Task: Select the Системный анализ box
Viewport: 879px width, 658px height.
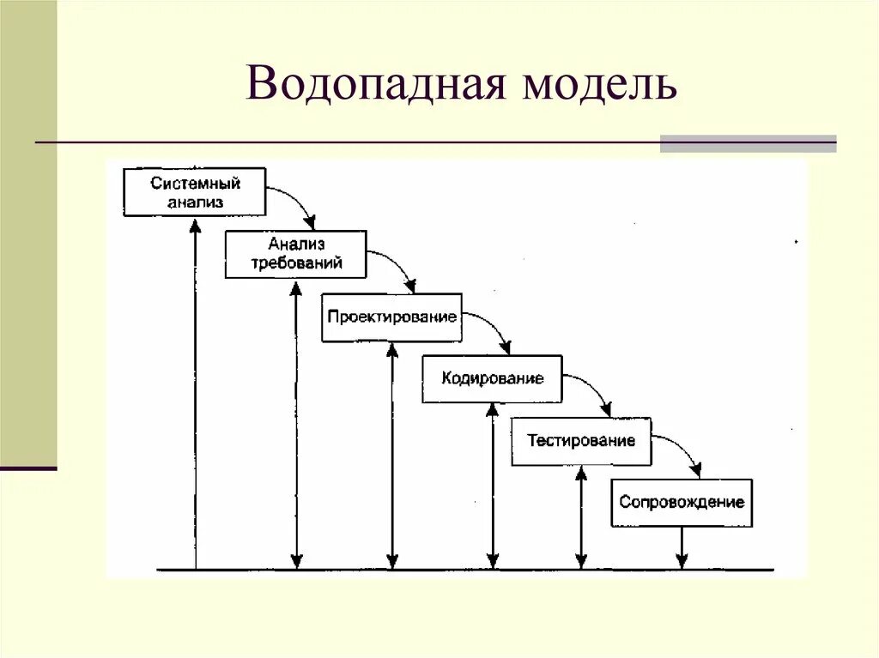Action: pyautogui.click(x=195, y=192)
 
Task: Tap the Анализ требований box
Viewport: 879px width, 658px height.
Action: pyautogui.click(x=296, y=254)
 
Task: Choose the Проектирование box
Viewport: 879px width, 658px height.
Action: pyautogui.click(x=391, y=317)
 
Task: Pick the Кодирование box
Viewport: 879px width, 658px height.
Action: pyautogui.click(x=492, y=378)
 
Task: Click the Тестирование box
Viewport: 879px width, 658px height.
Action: pyautogui.click(x=581, y=442)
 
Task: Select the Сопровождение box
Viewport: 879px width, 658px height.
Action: pyautogui.click(x=682, y=503)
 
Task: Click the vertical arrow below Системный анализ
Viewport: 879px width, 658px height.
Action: pyautogui.click(x=196, y=395)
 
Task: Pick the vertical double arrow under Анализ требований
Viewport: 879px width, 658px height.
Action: pyautogui.click(x=296, y=425)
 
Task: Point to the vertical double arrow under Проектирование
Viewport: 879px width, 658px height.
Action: pyautogui.click(x=392, y=456)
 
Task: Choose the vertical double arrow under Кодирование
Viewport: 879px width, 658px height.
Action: pyautogui.click(x=493, y=486)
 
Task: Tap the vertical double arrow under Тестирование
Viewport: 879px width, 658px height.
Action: pyautogui.click(x=581, y=517)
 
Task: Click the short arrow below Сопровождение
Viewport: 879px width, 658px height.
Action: pyautogui.click(x=682, y=547)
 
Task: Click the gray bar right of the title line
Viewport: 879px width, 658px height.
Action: pyautogui.click(x=748, y=143)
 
